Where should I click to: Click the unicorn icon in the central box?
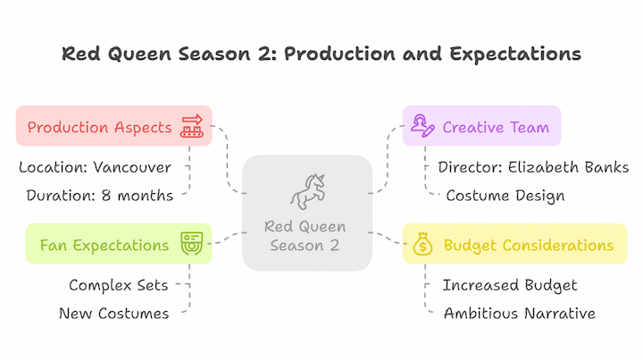[307, 191]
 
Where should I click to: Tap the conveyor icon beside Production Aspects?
[191, 126]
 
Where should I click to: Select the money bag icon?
[422, 244]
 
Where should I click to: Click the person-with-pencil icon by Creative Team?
[422, 126]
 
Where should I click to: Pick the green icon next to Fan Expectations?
[191, 244]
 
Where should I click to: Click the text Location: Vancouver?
[96, 167]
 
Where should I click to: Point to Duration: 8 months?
[100, 196]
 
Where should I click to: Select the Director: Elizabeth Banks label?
[533, 167]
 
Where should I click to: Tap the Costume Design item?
[505, 196]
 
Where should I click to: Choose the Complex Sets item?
[119, 285]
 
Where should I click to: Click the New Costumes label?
[114, 314]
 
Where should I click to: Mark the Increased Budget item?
[510, 285]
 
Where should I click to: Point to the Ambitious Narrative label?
[520, 314]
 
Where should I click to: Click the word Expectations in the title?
[515, 54]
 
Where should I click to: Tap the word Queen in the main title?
[139, 54]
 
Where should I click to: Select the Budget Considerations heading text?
[529, 245]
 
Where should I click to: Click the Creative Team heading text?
[496, 127]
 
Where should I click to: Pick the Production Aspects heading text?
[100, 128]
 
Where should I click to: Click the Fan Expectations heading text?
[104, 245]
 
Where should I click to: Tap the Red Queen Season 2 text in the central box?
[305, 236]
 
